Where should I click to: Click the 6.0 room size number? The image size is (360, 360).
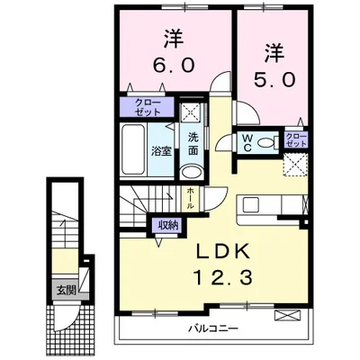pos(174,66)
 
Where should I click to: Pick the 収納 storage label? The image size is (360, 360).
pos(166,225)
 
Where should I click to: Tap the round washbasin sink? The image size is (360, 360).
pos(193,172)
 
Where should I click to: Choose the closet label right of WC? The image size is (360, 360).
pos(295,139)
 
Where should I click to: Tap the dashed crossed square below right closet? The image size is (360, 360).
pos(295,166)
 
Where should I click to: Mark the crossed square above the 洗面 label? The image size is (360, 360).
pos(191,113)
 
